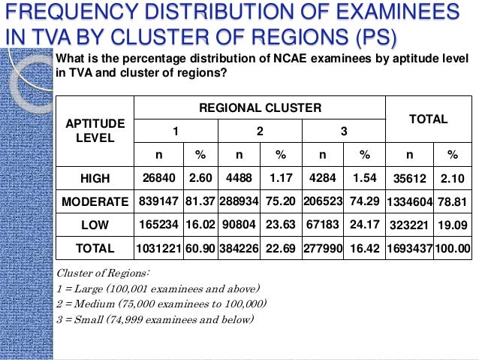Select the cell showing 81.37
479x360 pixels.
[x=200, y=201]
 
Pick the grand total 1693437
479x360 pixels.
[x=409, y=249]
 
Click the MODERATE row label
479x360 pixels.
[x=95, y=201]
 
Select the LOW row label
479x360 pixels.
[x=95, y=225]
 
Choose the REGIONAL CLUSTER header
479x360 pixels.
[x=259, y=108]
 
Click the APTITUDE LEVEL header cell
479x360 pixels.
[x=95, y=131]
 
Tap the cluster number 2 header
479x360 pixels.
[x=260, y=131]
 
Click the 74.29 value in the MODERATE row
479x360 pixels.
[x=363, y=201]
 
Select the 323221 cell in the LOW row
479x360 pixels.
[x=409, y=225]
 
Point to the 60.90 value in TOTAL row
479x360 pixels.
[x=200, y=248]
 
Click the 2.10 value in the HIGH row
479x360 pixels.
[x=452, y=179]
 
